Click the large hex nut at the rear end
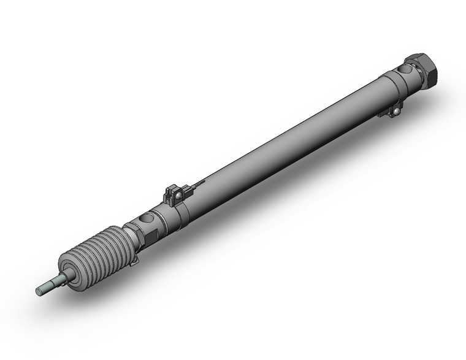point(424,66)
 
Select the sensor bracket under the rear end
point(392,111)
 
